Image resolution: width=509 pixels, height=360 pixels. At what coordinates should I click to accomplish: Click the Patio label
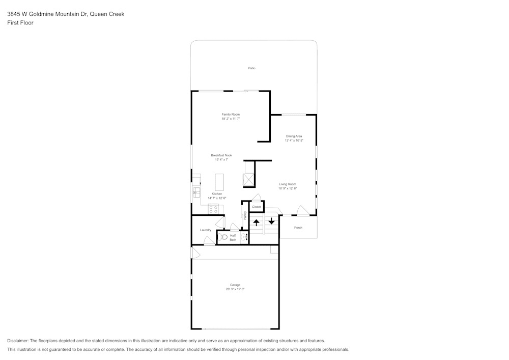point(251,68)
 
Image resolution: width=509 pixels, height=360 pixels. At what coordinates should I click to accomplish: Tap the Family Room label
point(231,114)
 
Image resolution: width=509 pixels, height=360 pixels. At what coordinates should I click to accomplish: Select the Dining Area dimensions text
point(294,141)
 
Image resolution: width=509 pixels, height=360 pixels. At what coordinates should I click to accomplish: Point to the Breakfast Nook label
point(221,155)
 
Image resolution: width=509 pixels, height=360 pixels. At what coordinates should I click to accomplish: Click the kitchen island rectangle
point(219,182)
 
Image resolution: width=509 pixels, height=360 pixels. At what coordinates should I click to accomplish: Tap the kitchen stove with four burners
point(213,209)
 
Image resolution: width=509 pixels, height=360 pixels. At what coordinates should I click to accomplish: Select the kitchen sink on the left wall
point(196,192)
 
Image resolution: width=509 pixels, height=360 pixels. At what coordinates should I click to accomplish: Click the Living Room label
point(288,184)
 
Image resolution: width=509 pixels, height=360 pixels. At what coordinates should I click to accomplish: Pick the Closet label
point(257,207)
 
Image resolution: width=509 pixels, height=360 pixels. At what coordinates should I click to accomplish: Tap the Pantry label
point(245,215)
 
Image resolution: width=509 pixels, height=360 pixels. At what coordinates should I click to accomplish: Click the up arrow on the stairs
point(257,223)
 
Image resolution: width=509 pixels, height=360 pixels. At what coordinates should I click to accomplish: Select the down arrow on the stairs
point(271,221)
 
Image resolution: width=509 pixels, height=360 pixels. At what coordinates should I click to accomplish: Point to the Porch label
point(298,228)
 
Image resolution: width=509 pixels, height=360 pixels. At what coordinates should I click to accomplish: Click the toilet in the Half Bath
point(222,237)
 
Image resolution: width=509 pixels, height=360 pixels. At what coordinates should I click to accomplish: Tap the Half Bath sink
point(244,237)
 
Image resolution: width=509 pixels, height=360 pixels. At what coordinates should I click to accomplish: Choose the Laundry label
point(206,230)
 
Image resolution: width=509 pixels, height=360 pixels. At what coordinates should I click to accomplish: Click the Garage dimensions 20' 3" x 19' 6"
point(235,289)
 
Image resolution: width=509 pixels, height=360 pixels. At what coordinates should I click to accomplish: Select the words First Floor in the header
point(20,23)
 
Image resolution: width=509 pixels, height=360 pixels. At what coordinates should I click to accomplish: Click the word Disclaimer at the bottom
point(17,341)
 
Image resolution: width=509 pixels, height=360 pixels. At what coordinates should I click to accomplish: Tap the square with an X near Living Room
point(249,180)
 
